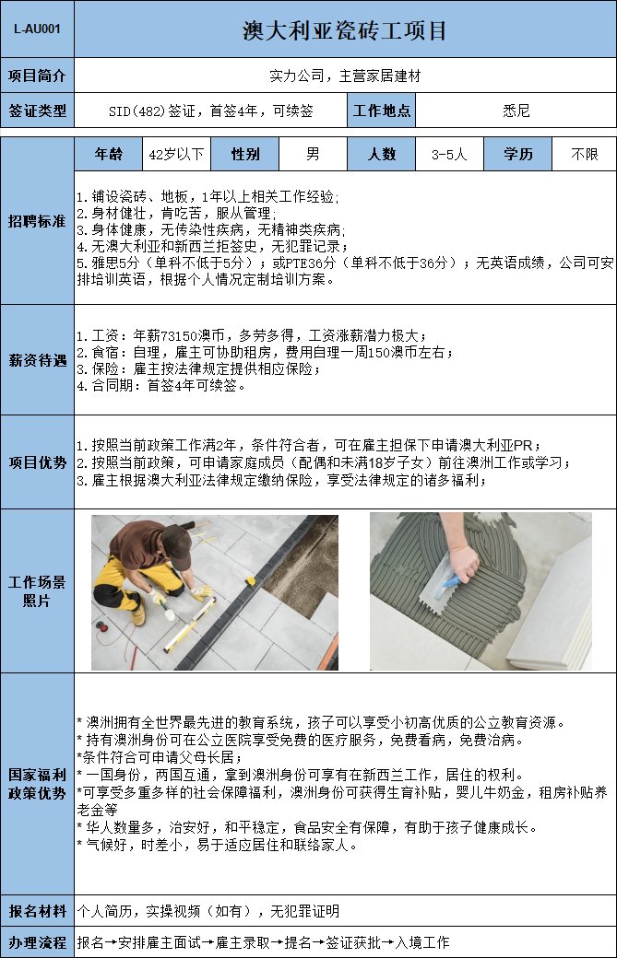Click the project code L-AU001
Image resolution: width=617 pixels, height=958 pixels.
coord(37,29)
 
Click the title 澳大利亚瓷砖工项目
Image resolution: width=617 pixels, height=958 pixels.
coord(344,30)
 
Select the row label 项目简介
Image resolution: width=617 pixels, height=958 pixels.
coord(37,76)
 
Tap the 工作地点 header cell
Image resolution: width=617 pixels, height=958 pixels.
coord(382,111)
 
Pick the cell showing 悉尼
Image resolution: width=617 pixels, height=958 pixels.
coord(516,111)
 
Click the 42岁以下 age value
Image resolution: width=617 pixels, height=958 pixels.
coord(176,154)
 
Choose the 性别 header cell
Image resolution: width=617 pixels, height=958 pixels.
coord(245,154)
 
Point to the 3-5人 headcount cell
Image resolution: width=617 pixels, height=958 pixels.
coord(449,154)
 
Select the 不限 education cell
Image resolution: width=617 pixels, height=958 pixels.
coord(584,154)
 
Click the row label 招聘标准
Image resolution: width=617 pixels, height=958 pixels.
coord(37,220)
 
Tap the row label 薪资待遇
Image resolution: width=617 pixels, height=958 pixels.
coord(37,360)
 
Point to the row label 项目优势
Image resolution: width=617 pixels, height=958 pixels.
coord(37,462)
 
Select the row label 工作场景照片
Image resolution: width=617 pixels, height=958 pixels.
coord(37,590)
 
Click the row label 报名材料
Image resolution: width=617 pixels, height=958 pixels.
coord(37,911)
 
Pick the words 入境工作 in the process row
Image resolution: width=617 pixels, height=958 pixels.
coord(421,942)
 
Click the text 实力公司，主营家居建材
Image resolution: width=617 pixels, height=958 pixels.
coord(345,76)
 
